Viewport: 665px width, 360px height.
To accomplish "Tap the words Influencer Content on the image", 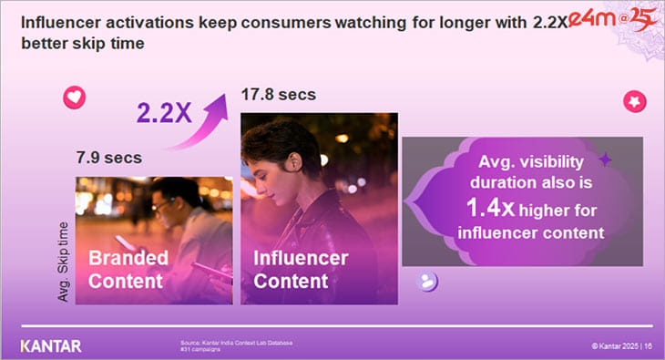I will tap(301, 270).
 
